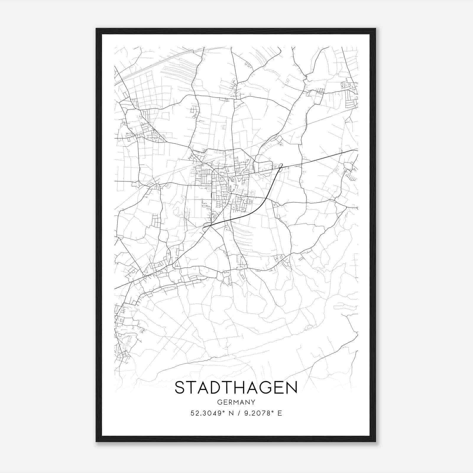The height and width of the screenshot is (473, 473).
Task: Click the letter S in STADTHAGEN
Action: pos(181,388)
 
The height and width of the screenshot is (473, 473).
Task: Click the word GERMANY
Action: pos(236,402)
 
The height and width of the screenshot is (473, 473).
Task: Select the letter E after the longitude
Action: pos(280,413)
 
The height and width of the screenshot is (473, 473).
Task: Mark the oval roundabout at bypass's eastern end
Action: pos(281,166)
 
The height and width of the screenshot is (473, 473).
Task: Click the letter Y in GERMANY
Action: pos(253,402)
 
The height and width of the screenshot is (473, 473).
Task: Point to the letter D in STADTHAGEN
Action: pos(209,388)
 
